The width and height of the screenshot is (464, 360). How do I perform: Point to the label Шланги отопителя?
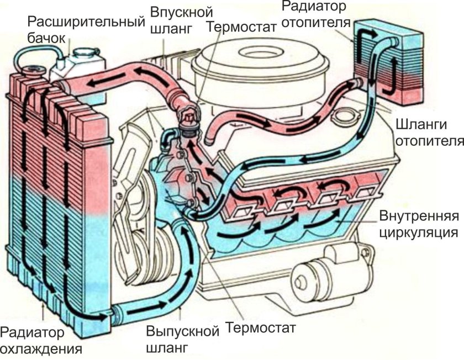click(x=428, y=132)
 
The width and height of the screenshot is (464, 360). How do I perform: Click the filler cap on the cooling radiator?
click(x=34, y=71)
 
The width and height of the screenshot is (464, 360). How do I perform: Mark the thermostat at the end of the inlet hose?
click(x=188, y=119)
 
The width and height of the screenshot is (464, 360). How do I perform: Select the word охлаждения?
click(x=41, y=349)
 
